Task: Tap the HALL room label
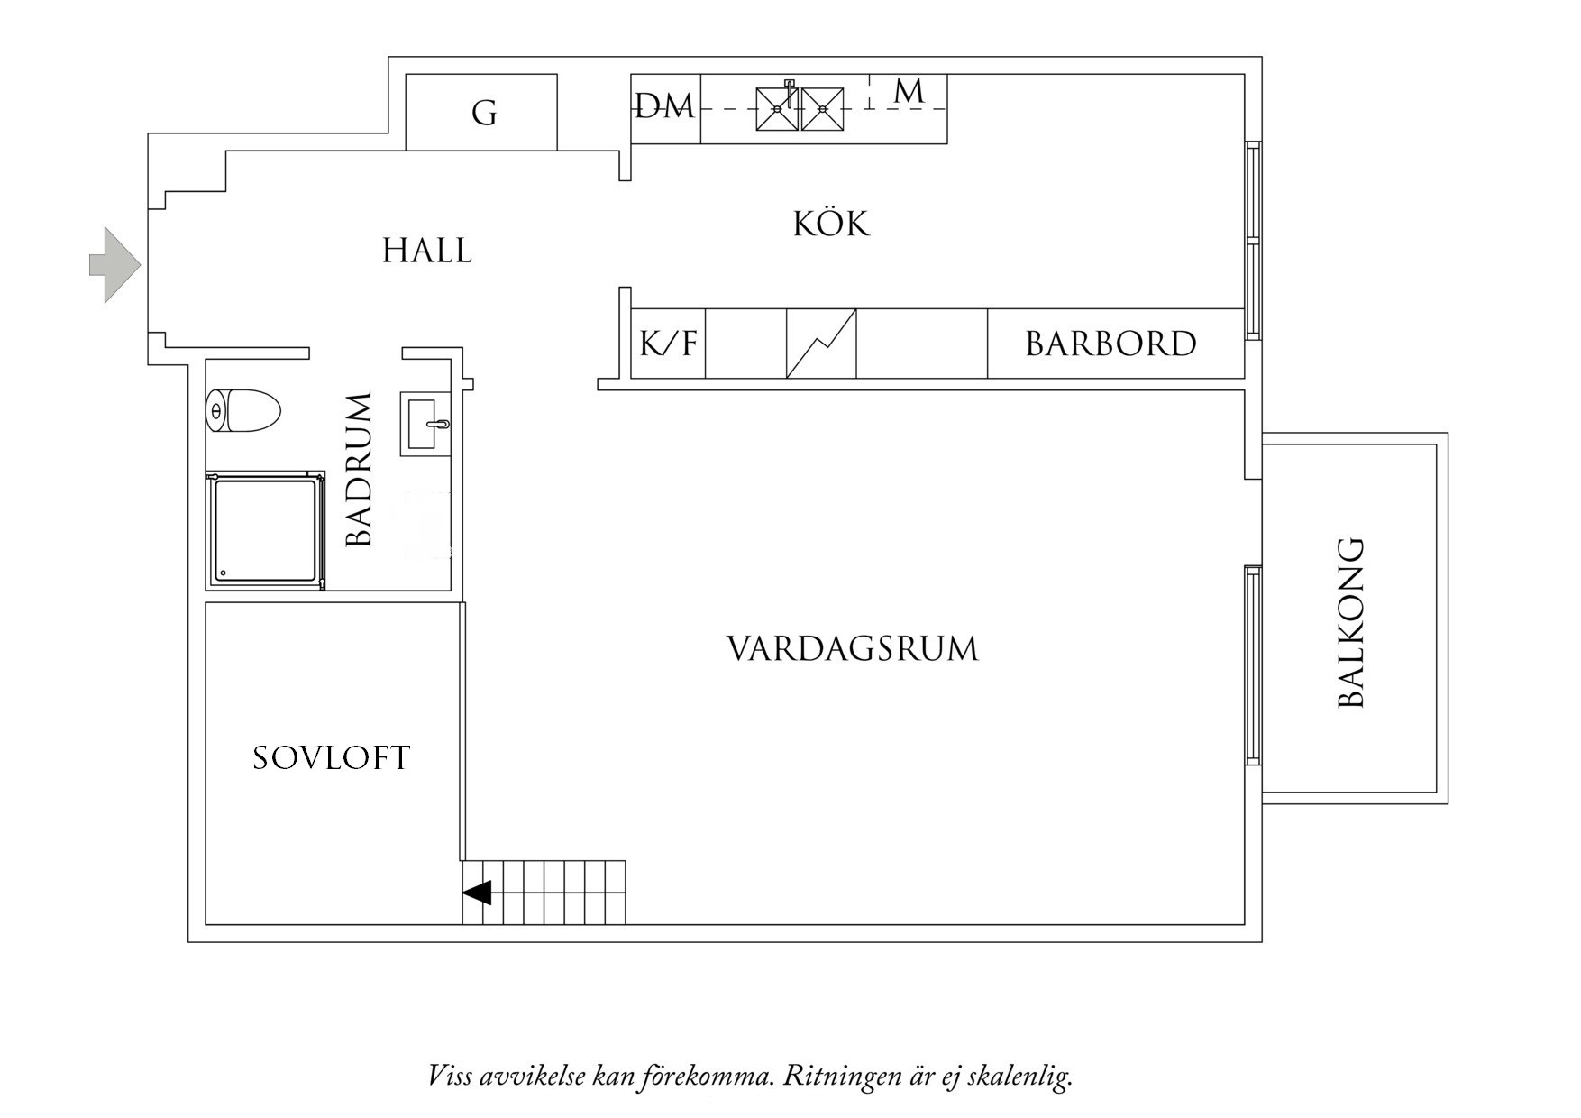point(427,251)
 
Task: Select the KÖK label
point(831,224)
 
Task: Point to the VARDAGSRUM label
point(853,649)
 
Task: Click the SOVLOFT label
point(331,758)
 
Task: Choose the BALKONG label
point(1351,623)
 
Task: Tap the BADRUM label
point(360,469)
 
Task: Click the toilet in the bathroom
point(243,411)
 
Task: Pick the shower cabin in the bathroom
point(265,530)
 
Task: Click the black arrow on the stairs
point(477,893)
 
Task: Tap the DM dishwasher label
point(665,107)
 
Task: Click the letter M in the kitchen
point(909,91)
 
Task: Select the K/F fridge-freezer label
point(668,344)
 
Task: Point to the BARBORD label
point(1110,344)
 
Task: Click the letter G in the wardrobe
point(484,114)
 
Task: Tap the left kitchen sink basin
point(776,109)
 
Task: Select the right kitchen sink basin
point(822,109)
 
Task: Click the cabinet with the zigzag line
point(821,344)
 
